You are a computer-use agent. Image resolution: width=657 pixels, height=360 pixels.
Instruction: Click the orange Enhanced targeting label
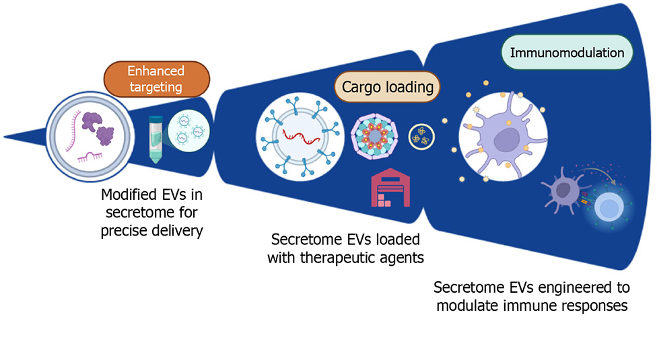tap(157, 79)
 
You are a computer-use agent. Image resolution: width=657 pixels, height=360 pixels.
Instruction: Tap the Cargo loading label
tap(387, 87)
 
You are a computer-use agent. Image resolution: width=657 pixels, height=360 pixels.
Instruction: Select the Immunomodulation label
tap(567, 52)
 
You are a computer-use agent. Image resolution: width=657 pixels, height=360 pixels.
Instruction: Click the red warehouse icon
tap(390, 188)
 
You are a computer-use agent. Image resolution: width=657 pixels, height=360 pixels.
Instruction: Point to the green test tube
tap(156, 139)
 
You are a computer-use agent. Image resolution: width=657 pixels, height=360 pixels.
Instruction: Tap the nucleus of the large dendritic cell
tap(507, 140)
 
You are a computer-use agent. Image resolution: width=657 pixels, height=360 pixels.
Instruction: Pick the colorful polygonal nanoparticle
tap(374, 137)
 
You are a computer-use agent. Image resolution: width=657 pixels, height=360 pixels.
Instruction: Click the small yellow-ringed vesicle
tap(421, 137)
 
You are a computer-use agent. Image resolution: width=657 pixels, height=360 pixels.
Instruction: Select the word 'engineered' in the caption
tap(579, 288)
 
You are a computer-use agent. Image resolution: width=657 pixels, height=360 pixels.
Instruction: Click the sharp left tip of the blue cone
tap(4, 137)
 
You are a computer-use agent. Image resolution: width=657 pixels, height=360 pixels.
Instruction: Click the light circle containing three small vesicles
tap(188, 131)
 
